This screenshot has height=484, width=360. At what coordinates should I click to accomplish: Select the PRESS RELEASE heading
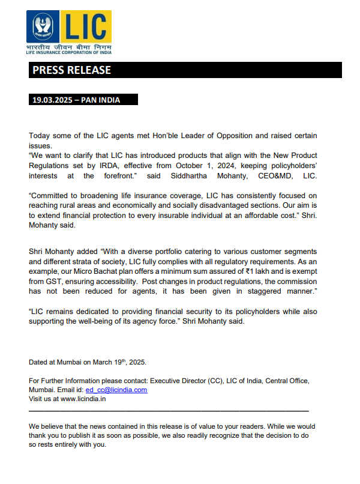point(72,70)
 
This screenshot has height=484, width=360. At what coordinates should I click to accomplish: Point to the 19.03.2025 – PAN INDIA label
point(76,100)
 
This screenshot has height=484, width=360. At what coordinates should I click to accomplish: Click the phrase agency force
point(149,321)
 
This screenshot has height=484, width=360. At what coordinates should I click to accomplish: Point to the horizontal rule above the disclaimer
point(169,411)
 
